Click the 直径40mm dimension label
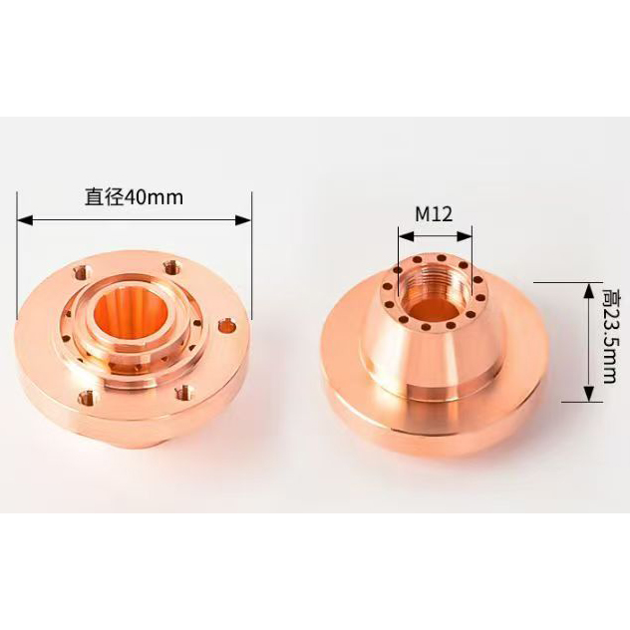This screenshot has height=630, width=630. coord(134,197)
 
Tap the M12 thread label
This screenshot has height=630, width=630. coord(434,214)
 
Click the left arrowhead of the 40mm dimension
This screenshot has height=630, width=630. coord(25,219)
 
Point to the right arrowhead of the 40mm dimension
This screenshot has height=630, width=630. coord(243,219)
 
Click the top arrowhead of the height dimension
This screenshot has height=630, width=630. coord(588,290)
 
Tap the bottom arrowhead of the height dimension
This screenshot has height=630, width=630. coord(588,394)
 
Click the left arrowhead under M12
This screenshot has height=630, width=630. coord(406,236)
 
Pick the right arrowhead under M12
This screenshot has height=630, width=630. coord(465,236)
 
